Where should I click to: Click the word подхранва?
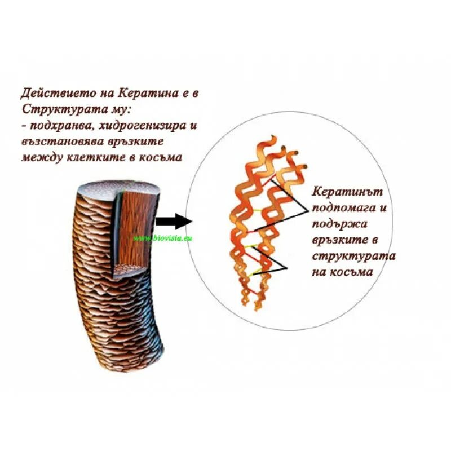55,125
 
